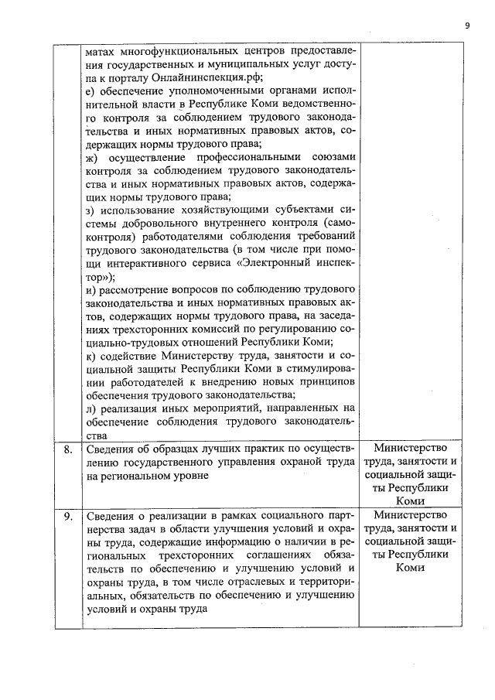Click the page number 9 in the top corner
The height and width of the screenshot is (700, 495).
[467, 25]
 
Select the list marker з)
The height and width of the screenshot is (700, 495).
[90, 210]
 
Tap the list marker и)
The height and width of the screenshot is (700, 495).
[90, 290]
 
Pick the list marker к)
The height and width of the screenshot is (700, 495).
[90, 357]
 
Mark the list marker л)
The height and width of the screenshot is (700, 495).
[90, 409]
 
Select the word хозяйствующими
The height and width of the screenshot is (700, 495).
[216, 210]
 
